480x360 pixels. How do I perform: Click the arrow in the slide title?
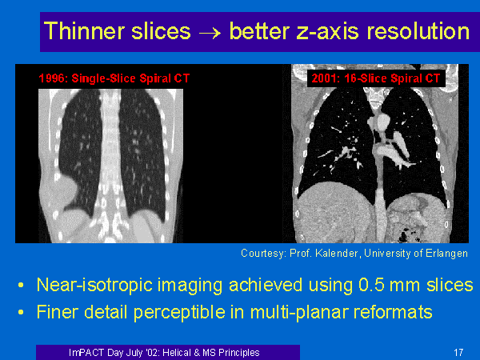click(210, 33)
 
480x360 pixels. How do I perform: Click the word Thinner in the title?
click(83, 31)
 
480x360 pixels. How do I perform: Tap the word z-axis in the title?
click(327, 31)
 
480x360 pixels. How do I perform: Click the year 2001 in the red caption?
click(324, 78)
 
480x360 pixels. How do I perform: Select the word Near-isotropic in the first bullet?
click(94, 286)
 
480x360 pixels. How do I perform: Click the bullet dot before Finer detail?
click(21, 313)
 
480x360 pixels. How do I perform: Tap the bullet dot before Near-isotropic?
click(21, 286)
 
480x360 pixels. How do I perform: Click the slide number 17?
click(458, 352)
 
